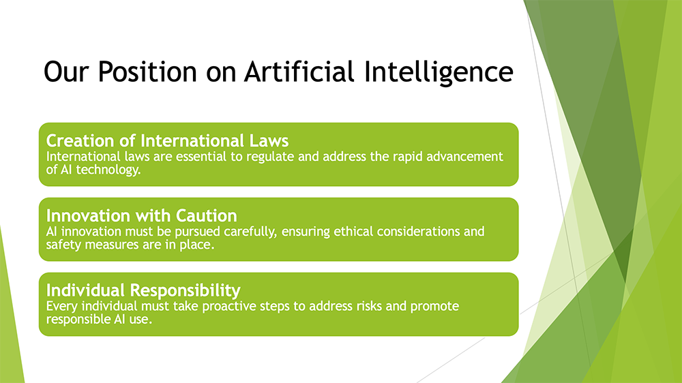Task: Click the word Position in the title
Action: point(147,72)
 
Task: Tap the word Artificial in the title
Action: point(299,72)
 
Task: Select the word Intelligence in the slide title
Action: point(439,72)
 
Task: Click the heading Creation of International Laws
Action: point(168,141)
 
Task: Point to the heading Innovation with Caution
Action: point(142,215)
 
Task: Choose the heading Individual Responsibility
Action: point(143,290)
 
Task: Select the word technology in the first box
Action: point(108,170)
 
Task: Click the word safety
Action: point(63,245)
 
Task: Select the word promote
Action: point(434,307)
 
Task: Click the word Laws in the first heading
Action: point(269,141)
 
